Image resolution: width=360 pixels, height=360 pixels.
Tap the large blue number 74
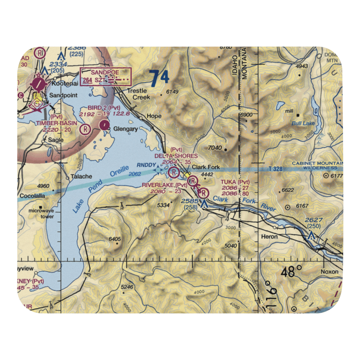point(159,78)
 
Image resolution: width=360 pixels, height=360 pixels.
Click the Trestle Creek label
point(136,94)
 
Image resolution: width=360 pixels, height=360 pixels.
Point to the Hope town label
point(154,116)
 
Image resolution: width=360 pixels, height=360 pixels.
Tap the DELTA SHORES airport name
point(176,156)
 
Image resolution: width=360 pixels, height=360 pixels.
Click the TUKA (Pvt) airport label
point(235,182)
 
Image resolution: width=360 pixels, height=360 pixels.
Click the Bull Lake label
point(303,123)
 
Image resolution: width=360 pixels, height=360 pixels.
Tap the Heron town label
point(269,237)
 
